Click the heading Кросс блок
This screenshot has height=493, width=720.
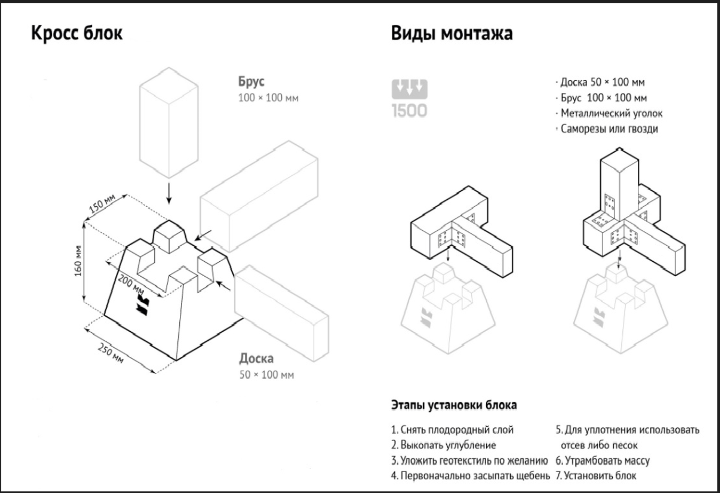coord(77,33)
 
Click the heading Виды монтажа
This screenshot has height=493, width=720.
coord(452,33)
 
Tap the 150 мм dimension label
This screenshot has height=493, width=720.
coord(101,204)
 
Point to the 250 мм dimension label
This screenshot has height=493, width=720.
coord(111,353)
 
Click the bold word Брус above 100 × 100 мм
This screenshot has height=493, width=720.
coord(251,82)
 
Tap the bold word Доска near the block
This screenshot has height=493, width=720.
coord(256,358)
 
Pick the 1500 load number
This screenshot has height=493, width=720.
coord(409,111)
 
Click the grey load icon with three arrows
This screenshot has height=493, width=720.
coord(409,89)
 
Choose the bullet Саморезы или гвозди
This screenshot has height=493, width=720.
coord(609,129)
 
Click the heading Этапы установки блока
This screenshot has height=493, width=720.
coord(454,405)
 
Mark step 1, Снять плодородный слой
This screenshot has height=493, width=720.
coord(452,429)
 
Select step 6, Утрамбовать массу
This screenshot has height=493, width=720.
coord(603,460)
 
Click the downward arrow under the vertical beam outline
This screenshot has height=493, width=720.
coord(169,193)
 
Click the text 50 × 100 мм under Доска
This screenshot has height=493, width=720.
coord(266,374)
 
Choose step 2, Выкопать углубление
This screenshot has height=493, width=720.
coord(444,445)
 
